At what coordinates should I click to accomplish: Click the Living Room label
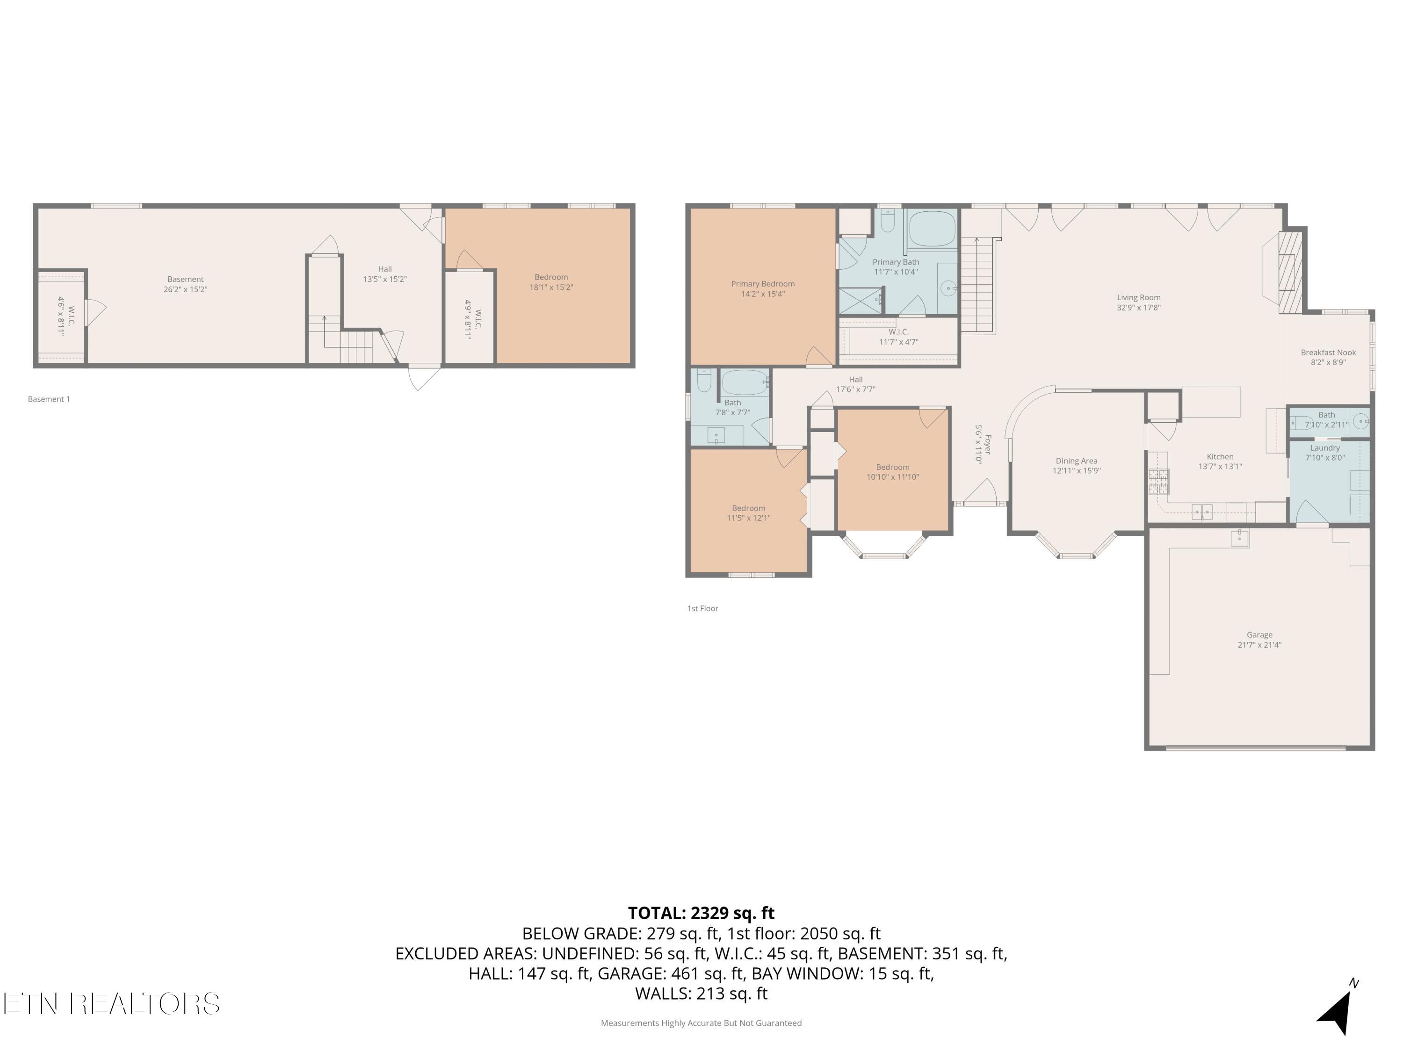(1138, 297)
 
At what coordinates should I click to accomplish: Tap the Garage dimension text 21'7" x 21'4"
(1259, 645)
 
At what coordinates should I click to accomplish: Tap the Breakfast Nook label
(1328, 353)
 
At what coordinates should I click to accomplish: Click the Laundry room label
(1325, 448)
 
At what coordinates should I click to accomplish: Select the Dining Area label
(1077, 461)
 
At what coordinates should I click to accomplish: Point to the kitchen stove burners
(1158, 481)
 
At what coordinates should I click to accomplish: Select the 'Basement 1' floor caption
(49, 399)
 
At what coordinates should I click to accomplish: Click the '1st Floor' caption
(703, 608)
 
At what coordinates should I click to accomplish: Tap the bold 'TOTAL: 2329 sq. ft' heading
(701, 913)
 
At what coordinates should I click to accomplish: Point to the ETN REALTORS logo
(112, 1004)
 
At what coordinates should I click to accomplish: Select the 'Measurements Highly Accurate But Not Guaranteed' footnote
(701, 1023)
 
